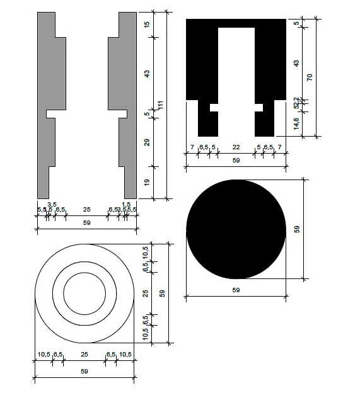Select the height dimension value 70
pyautogui.click(x=310, y=77)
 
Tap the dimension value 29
pyautogui.click(x=147, y=143)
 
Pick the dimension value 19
pyautogui.click(x=147, y=183)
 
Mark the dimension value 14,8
pyautogui.click(x=296, y=123)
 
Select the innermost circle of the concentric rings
pyautogui.click(x=84, y=294)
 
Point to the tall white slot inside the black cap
pyautogui.click(x=236, y=63)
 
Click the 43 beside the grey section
pyautogui.click(x=147, y=74)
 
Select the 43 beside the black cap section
pyautogui.click(x=296, y=63)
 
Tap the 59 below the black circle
pyautogui.click(x=236, y=290)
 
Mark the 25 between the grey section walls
pyautogui.click(x=86, y=209)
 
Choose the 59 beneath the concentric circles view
pyautogui.click(x=84, y=372)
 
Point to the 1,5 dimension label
pyautogui.click(x=127, y=204)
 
